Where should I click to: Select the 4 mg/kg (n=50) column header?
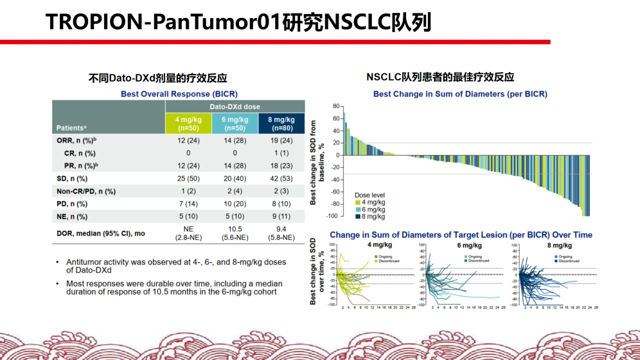(188, 123)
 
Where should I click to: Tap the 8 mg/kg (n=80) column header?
(281, 123)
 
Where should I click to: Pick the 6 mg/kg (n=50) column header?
(235, 123)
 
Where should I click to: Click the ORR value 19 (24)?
(281, 139)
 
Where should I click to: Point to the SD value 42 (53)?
(281, 178)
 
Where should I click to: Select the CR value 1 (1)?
(281, 153)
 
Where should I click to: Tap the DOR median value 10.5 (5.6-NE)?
(235, 233)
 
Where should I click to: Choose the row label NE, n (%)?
(72, 217)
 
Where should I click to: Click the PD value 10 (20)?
(235, 204)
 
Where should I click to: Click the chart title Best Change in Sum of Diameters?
(460, 94)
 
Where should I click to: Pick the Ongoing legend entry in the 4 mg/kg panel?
(383, 256)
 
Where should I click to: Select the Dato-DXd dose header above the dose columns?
(235, 106)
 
